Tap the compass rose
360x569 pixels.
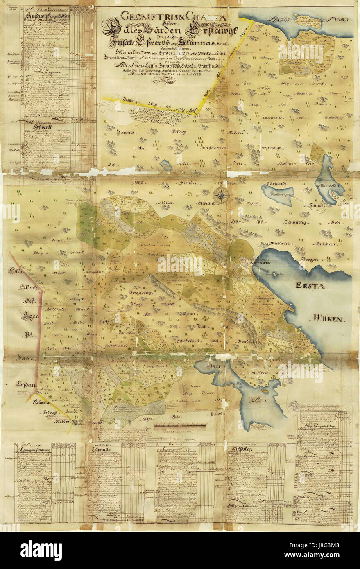pos(221,195)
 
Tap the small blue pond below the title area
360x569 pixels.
pos(166,165)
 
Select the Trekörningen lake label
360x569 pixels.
pos(277,194)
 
